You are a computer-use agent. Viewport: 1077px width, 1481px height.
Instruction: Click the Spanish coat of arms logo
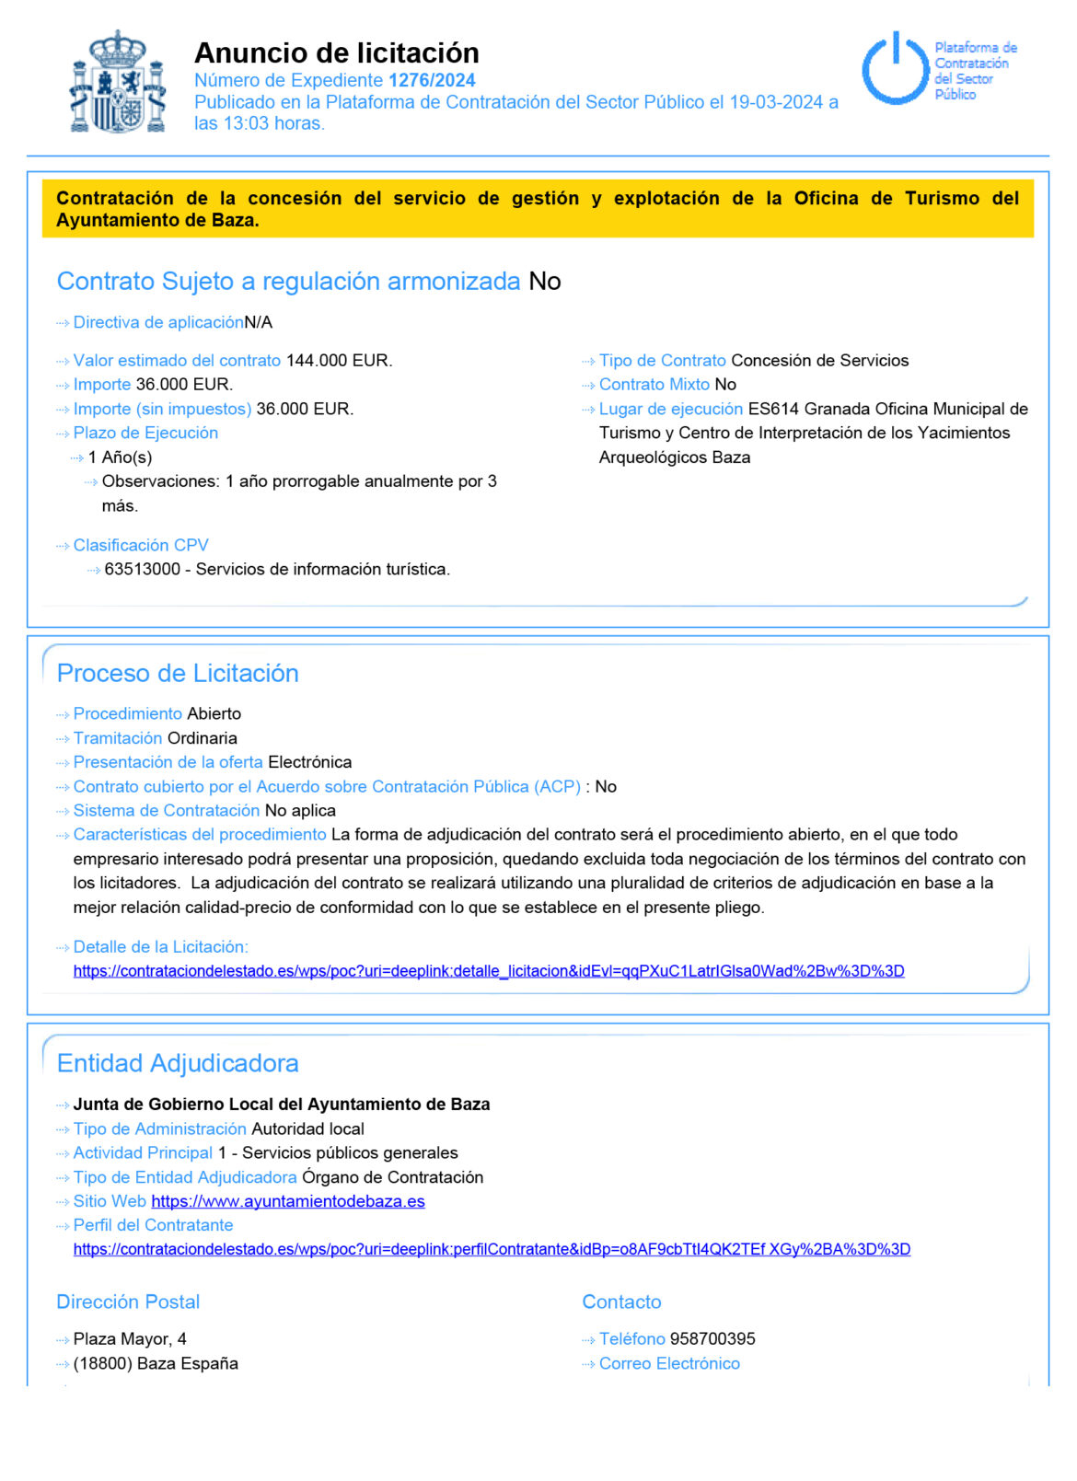click(x=118, y=83)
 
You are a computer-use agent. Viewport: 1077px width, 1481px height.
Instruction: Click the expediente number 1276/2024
click(x=432, y=80)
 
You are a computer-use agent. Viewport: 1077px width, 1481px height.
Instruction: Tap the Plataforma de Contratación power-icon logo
click(x=895, y=69)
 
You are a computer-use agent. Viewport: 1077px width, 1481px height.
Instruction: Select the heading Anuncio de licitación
click(x=336, y=52)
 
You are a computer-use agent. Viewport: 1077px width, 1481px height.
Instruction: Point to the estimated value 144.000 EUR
click(x=339, y=361)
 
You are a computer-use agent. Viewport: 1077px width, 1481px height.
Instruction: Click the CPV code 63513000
click(x=142, y=570)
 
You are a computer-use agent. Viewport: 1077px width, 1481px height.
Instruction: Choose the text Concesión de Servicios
click(x=819, y=361)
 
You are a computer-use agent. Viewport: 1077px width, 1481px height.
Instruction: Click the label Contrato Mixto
click(x=654, y=385)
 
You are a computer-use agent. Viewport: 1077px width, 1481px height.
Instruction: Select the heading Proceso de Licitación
click(x=178, y=674)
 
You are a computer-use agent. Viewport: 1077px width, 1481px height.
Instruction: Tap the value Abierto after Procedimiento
click(x=214, y=714)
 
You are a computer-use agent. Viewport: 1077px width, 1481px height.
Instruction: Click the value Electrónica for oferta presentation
click(x=309, y=763)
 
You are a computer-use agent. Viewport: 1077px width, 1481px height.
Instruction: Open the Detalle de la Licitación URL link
click(x=488, y=971)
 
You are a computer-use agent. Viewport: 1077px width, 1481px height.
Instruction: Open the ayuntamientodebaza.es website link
click(x=287, y=1202)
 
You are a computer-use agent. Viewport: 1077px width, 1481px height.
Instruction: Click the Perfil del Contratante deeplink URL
click(x=492, y=1250)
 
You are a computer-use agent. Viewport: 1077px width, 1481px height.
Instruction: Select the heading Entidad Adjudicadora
click(x=178, y=1064)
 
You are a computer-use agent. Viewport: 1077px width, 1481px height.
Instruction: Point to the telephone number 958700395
click(x=712, y=1339)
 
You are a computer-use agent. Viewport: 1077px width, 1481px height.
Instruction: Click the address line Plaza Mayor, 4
click(x=130, y=1339)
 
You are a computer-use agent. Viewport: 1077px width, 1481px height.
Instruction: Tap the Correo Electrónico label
click(x=669, y=1364)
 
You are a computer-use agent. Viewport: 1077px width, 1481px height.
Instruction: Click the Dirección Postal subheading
click(x=128, y=1302)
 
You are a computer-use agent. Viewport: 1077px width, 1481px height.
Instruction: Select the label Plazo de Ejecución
click(x=145, y=434)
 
